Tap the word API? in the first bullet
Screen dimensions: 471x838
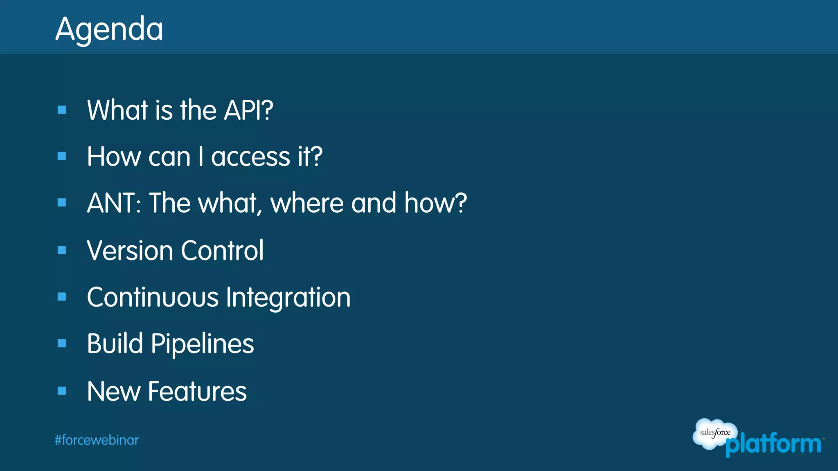pyautogui.click(x=248, y=110)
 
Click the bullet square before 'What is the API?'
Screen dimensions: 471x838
pyautogui.click(x=62, y=110)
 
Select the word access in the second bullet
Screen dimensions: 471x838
pyautogui.click(x=250, y=157)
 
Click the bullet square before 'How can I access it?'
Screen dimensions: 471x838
pyautogui.click(x=62, y=156)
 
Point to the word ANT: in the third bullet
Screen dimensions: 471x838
pyautogui.click(x=114, y=203)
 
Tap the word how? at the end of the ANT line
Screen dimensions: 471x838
pyautogui.click(x=435, y=203)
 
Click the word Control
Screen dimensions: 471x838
pyautogui.click(x=222, y=250)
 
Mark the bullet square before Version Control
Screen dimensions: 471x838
pyautogui.click(x=62, y=250)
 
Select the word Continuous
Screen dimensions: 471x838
pyautogui.click(x=153, y=297)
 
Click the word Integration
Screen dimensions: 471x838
pyautogui.click(x=288, y=298)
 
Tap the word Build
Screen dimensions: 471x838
pyautogui.click(x=115, y=343)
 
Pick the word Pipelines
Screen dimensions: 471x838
pyautogui.click(x=202, y=344)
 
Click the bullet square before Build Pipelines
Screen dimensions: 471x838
pyautogui.click(x=62, y=343)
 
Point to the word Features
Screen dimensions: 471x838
pyautogui.click(x=197, y=391)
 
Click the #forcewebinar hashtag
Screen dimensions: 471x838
pyautogui.click(x=97, y=440)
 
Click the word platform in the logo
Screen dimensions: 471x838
pyautogui.click(x=773, y=444)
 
